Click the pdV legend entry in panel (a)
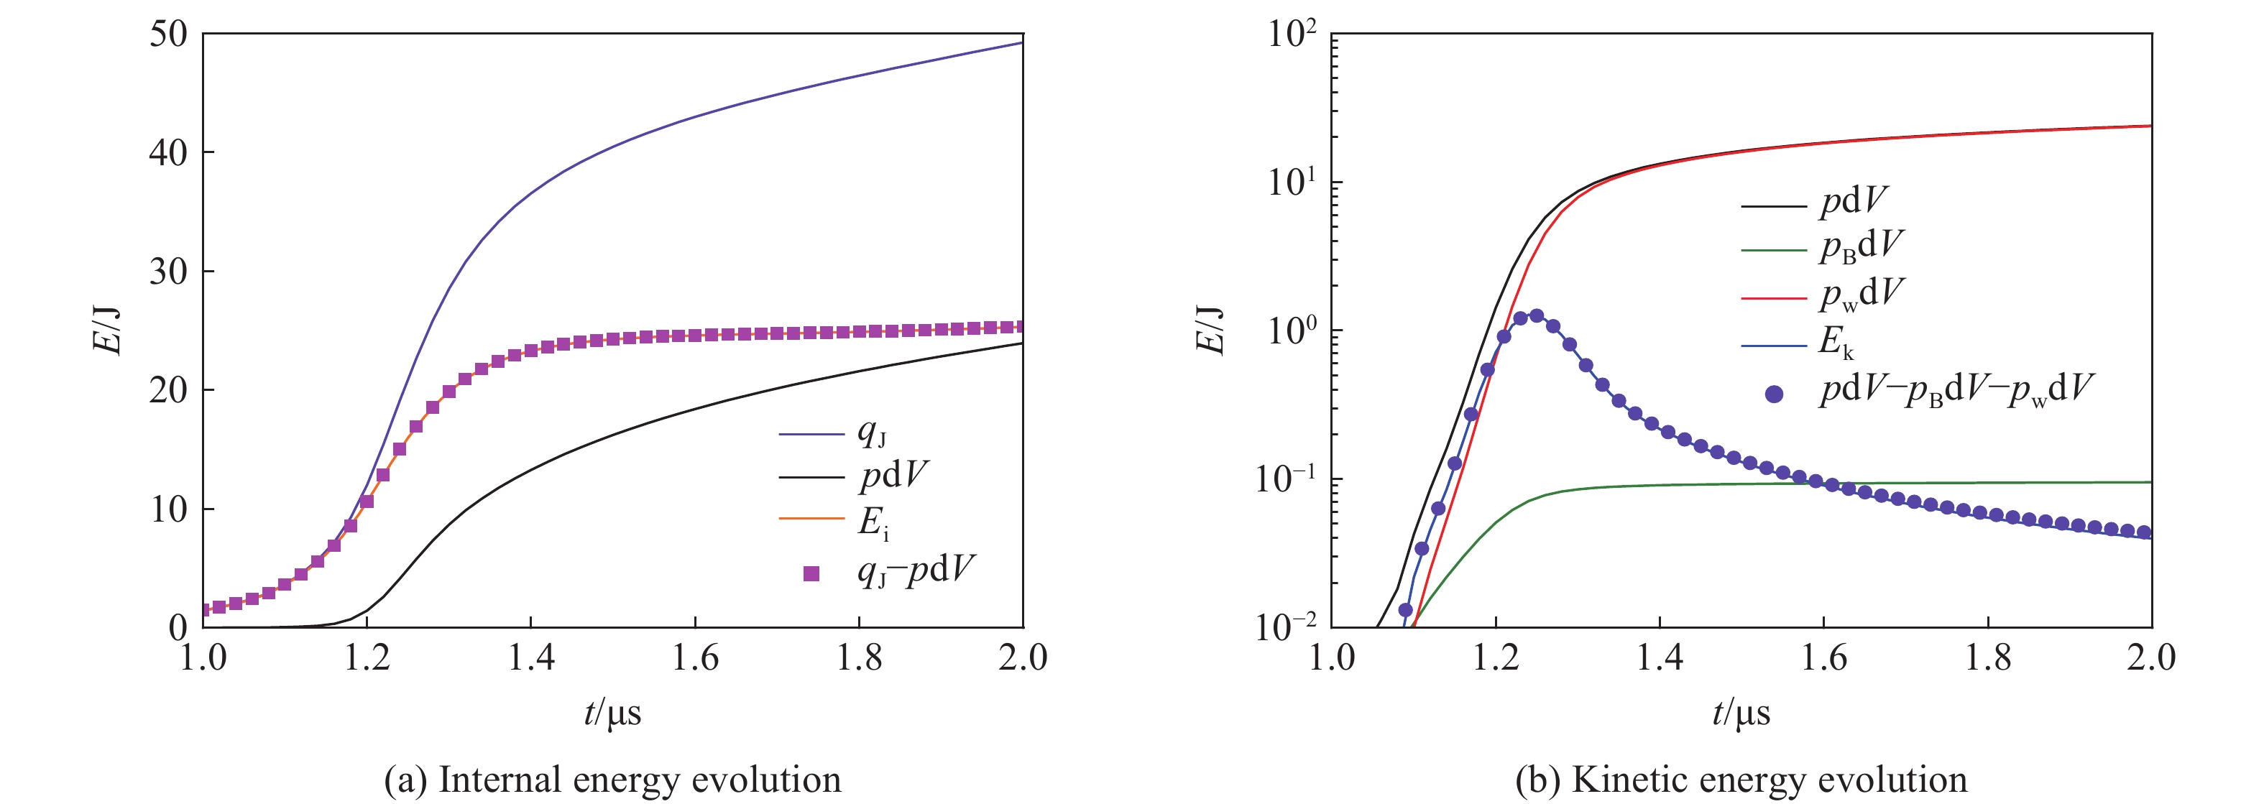coord(893,476)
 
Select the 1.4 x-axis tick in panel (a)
coord(531,657)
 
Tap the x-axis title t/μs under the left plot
coord(612,713)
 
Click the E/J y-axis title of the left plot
coord(107,331)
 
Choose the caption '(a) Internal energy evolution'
coord(612,780)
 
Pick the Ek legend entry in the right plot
coord(1836,342)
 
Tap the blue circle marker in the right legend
coord(1775,393)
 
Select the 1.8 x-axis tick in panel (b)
coord(1988,657)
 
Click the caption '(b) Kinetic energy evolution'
coord(1741,780)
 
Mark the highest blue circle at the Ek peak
coord(1537,315)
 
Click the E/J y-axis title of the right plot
coord(1210,331)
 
